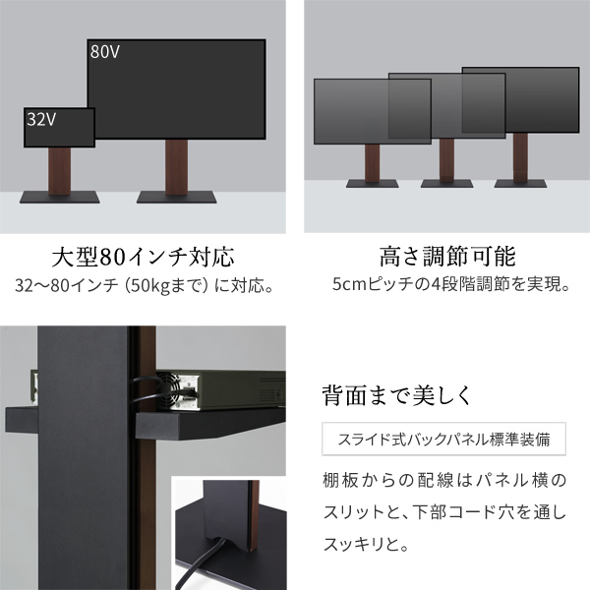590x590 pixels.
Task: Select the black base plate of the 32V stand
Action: (60, 193)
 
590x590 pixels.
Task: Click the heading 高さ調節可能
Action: (446, 259)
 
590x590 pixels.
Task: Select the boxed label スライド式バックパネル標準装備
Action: (443, 440)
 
